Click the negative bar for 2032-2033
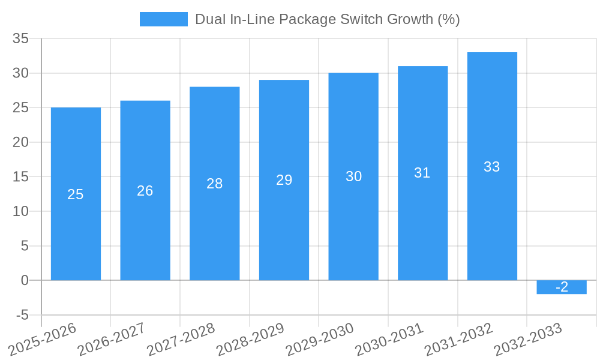[562, 287]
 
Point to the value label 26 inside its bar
[145, 191]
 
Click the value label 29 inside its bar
[284, 180]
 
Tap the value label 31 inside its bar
[422, 173]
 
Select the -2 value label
[562, 287]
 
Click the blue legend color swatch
[163, 19]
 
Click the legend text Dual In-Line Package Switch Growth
[327, 19]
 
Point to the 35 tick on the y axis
[20, 38]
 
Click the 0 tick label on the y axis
[25, 280]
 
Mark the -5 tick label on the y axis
[22, 315]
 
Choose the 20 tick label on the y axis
[20, 142]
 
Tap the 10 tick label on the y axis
[20, 211]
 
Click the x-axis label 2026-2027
[112, 340]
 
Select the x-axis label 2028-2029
[250, 340]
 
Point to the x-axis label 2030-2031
[389, 340]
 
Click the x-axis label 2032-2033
[528, 340]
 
